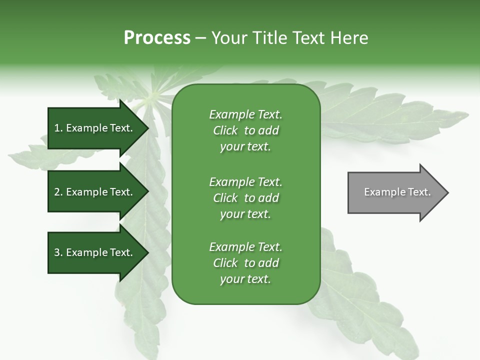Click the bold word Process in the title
(x=157, y=38)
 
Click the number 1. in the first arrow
(x=58, y=128)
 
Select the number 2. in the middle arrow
(x=58, y=192)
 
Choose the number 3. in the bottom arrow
(x=58, y=252)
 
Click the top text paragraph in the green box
(x=245, y=130)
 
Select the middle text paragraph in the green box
(x=245, y=197)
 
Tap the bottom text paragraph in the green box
(x=245, y=263)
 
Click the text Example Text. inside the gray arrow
(x=397, y=192)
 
